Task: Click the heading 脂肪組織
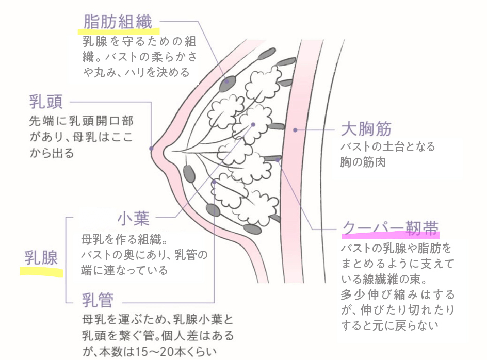(118, 22)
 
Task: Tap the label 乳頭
(46, 102)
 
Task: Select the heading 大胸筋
(366, 128)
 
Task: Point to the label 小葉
(134, 218)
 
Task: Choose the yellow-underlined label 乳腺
(41, 257)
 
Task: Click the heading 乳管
(98, 300)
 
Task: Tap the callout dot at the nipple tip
(151, 149)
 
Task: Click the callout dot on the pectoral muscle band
(295, 130)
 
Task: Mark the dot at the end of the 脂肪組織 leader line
(226, 81)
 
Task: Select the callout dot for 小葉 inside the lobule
(253, 124)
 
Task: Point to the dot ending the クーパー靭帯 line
(278, 160)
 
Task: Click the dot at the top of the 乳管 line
(214, 182)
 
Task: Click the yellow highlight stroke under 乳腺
(41, 271)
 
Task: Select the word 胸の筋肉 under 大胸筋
(363, 162)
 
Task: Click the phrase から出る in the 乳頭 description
(52, 153)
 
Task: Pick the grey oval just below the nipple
(189, 174)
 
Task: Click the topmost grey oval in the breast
(267, 54)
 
